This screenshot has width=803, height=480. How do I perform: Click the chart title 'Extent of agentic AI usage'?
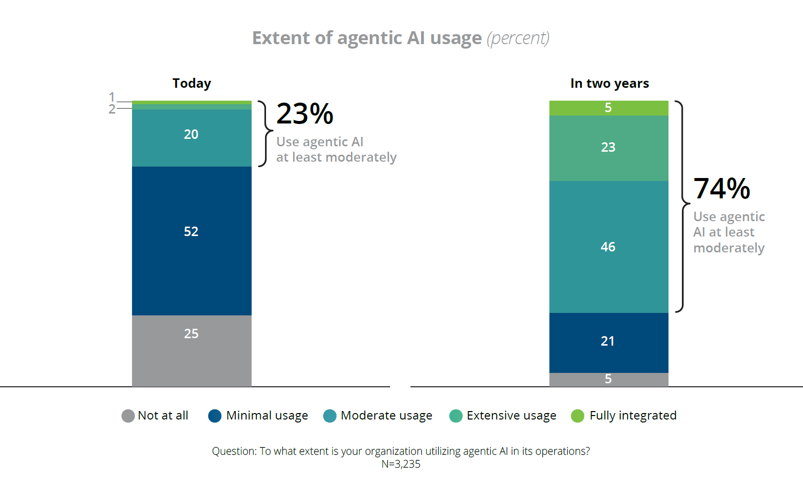(367, 38)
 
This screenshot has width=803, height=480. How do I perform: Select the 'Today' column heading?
(192, 83)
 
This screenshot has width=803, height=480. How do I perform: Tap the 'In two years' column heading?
(609, 83)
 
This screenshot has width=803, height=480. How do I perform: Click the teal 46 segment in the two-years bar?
(608, 247)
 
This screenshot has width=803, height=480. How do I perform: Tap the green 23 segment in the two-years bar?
(608, 147)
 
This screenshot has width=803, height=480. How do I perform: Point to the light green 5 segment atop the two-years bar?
(608, 108)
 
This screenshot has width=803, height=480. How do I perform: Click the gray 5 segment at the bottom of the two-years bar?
(608, 379)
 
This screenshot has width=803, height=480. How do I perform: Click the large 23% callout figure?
(305, 114)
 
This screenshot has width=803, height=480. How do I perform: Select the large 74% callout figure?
(722, 189)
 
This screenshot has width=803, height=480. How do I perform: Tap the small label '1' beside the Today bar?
(112, 97)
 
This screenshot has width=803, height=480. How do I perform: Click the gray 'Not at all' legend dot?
(128, 416)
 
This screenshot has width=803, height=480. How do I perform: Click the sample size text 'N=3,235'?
(401, 464)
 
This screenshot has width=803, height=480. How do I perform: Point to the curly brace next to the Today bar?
(266, 133)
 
